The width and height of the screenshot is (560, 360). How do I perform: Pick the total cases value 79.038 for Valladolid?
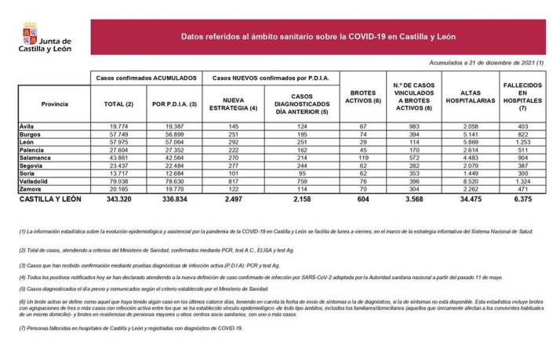[x=120, y=180]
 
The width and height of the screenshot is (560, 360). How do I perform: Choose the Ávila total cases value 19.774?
[x=120, y=126]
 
